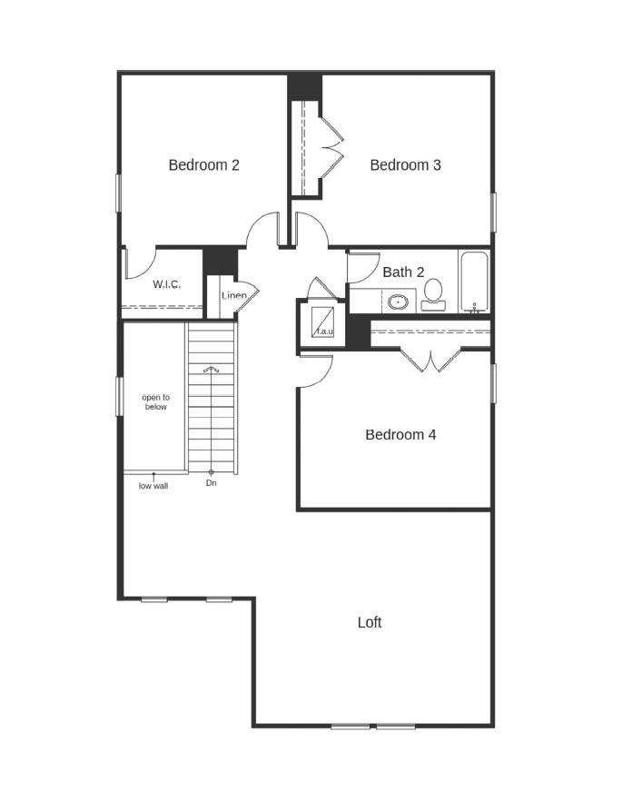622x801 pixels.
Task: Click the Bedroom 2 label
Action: (203, 165)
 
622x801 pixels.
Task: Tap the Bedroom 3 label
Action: (406, 165)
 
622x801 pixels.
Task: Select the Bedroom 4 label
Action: (400, 435)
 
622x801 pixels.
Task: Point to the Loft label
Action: (370, 622)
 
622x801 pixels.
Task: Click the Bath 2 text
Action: (403, 272)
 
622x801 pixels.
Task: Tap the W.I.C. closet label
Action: (166, 284)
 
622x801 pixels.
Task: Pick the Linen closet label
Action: (234, 296)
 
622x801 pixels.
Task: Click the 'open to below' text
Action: (156, 402)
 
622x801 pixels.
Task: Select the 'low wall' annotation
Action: (153, 487)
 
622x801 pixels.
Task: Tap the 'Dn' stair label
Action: (212, 483)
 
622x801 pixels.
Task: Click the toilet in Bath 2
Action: (433, 295)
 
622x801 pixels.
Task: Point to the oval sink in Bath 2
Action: (398, 302)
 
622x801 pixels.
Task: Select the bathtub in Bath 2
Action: (474, 282)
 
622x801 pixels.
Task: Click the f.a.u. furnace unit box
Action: (322, 321)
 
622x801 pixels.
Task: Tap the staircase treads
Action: (212, 398)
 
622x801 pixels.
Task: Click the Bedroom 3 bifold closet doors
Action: (331, 145)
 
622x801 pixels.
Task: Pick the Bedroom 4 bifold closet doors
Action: (431, 360)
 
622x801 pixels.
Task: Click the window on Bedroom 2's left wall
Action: (118, 193)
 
